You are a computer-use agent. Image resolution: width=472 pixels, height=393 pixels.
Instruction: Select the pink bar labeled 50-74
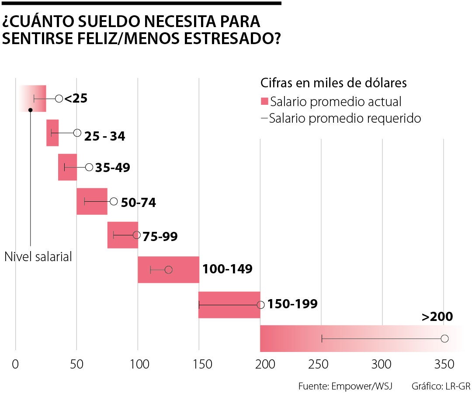pyautogui.click(x=92, y=201)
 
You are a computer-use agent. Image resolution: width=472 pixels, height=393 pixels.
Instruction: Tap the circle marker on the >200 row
pyautogui.click(x=445, y=338)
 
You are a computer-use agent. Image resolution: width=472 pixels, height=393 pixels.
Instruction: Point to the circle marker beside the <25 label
pyautogui.click(x=59, y=98)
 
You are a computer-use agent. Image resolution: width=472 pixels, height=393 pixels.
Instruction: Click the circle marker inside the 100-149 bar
pyautogui.click(x=168, y=269)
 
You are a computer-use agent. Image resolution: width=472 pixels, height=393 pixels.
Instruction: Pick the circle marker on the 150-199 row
pyautogui.click(x=261, y=304)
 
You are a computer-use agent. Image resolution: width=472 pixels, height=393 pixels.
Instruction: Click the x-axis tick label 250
pyautogui.click(x=321, y=364)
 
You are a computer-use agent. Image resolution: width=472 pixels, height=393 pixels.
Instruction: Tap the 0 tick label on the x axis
pyautogui.click(x=16, y=364)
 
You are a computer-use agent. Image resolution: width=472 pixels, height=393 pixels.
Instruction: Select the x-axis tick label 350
pyautogui.click(x=444, y=364)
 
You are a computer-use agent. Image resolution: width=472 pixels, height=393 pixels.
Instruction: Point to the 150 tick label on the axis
pyautogui.click(x=199, y=364)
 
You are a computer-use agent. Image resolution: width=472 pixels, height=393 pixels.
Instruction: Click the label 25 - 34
pyautogui.click(x=105, y=136)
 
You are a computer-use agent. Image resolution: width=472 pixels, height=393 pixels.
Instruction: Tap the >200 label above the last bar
pyautogui.click(x=437, y=317)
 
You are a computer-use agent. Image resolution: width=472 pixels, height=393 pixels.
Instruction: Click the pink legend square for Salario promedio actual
pyautogui.click(x=264, y=102)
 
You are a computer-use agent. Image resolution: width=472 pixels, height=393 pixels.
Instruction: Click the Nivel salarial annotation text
pyautogui.click(x=38, y=256)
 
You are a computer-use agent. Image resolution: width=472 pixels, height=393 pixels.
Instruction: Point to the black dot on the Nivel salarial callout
pyautogui.click(x=30, y=110)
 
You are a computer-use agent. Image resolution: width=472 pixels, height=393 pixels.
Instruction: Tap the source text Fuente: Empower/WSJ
pyautogui.click(x=345, y=386)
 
